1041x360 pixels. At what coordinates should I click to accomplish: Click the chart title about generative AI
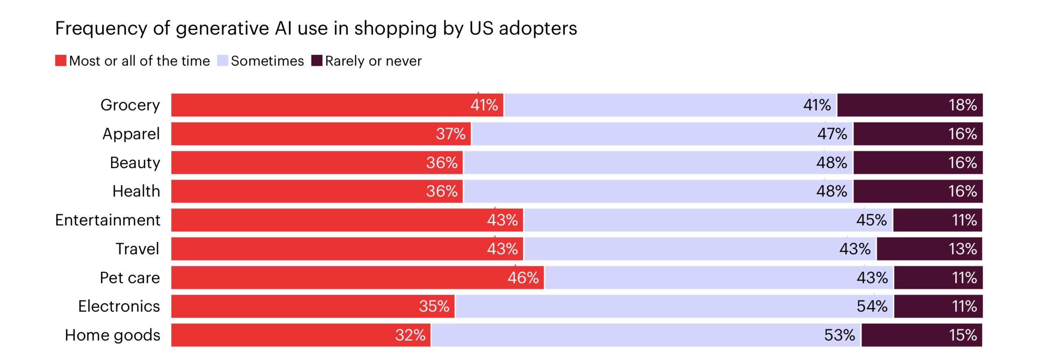[316, 28]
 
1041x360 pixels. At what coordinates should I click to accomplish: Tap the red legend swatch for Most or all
[61, 61]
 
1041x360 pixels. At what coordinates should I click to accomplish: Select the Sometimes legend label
[267, 61]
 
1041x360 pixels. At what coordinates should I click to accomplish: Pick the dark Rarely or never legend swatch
[316, 61]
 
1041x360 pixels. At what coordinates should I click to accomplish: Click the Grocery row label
[130, 105]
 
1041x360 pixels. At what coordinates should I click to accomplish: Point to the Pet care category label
[130, 277]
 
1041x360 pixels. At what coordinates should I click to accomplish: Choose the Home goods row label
[112, 335]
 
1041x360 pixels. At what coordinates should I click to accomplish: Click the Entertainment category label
[108, 220]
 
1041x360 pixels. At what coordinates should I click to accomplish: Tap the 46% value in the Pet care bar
[523, 277]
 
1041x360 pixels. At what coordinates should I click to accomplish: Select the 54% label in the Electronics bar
[871, 306]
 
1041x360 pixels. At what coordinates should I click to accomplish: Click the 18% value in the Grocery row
[962, 105]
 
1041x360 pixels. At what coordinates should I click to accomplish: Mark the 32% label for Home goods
[410, 335]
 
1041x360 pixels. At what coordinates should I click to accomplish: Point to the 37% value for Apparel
[450, 134]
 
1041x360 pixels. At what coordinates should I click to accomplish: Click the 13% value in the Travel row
[962, 249]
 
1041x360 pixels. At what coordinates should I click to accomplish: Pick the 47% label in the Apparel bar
[832, 134]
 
